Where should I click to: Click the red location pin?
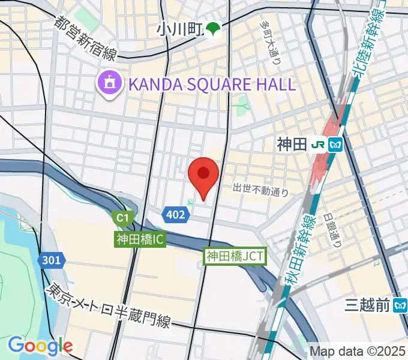coord(203,175)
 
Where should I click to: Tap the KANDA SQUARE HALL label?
coord(211,84)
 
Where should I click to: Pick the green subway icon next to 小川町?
coord(213,28)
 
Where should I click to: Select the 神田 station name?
coord(292,144)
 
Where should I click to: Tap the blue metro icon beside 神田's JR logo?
coord(335,144)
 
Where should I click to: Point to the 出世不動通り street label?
coord(260,190)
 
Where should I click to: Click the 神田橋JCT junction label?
coord(235,256)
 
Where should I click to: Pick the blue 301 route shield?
coord(52,260)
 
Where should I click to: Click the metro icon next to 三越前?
coord(400,306)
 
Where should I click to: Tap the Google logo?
coord(40,346)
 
